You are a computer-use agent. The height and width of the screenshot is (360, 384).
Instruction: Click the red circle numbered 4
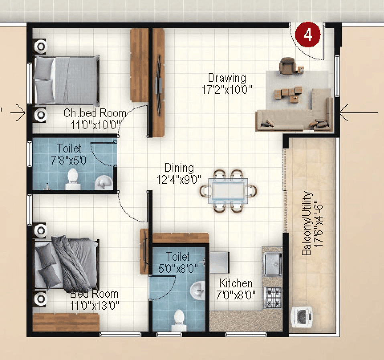(308, 35)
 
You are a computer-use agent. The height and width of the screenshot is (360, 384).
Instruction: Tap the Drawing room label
(227, 77)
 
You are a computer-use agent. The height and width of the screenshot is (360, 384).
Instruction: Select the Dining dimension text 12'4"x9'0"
(179, 179)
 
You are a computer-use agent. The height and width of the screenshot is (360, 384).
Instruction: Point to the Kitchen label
(236, 284)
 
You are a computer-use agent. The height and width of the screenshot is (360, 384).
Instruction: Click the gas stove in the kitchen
(272, 298)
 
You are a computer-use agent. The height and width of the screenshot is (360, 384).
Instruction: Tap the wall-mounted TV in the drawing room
(159, 84)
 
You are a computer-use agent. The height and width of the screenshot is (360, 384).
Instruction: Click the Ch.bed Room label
(95, 113)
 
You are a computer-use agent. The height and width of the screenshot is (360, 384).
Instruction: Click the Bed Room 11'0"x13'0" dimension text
(95, 306)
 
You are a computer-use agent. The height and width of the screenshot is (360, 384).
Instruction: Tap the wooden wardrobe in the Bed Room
(66, 322)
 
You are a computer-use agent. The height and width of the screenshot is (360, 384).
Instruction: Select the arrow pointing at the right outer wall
(358, 114)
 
